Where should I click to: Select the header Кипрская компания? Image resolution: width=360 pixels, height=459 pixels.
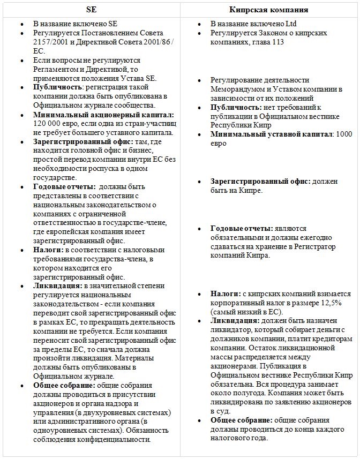(x=269, y=10)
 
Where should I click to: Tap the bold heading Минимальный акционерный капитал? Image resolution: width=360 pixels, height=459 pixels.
(x=103, y=115)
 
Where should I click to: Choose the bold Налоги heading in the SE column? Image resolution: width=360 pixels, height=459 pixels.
(x=48, y=250)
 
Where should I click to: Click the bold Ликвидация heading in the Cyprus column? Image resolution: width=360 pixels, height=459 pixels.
(x=235, y=320)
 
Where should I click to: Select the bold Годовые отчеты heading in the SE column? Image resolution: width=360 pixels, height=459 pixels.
(x=62, y=187)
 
